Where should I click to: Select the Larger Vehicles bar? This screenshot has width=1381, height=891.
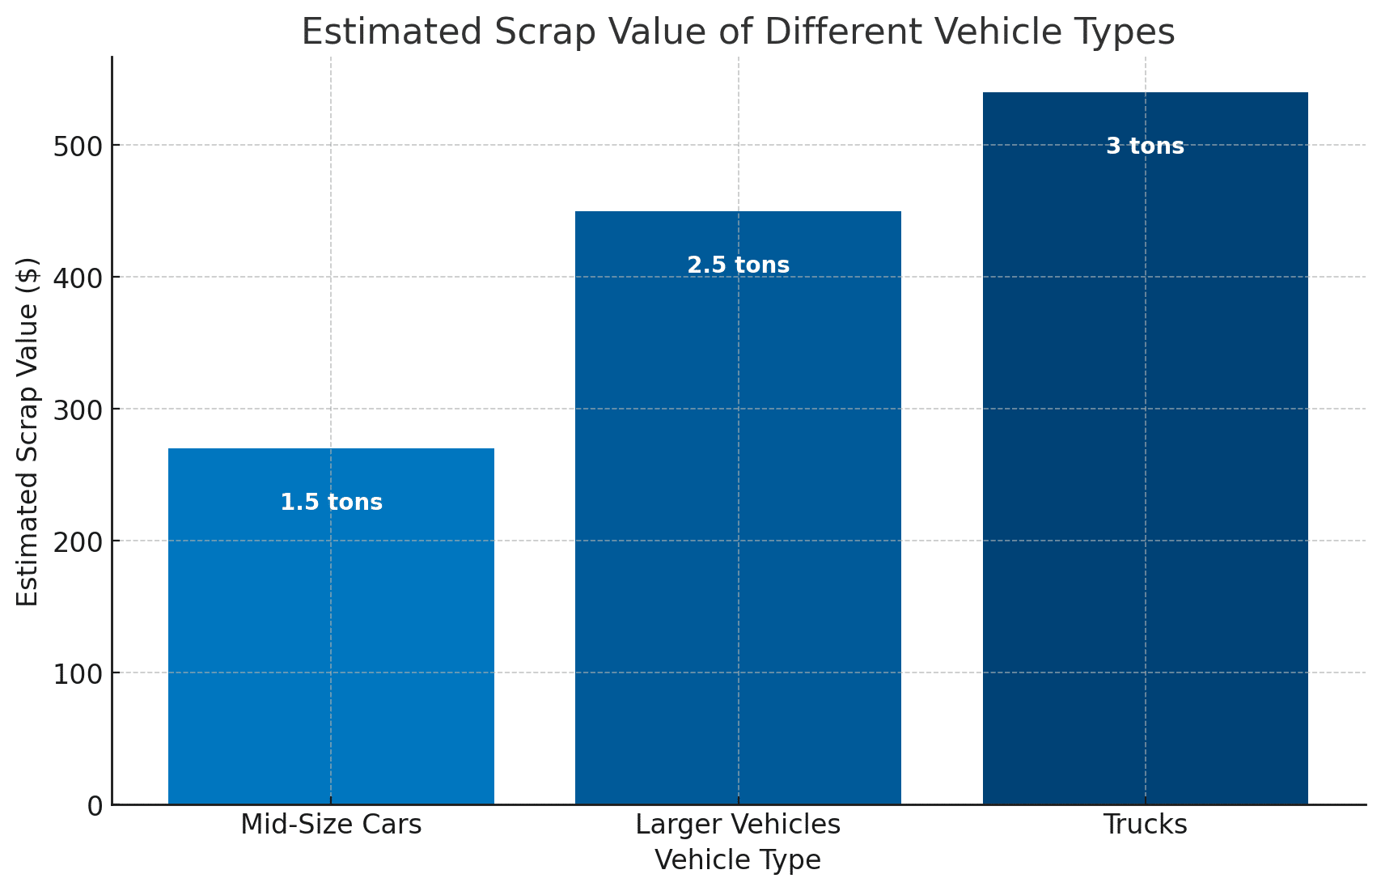(738, 526)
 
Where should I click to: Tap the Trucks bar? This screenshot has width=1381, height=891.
(1145, 486)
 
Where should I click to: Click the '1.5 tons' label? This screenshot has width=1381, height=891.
(332, 503)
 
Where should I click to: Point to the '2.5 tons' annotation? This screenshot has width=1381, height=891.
(738, 265)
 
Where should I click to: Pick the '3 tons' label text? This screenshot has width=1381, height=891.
(1145, 146)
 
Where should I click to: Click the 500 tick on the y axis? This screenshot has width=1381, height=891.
(78, 146)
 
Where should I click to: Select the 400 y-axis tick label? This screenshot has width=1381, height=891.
(78, 278)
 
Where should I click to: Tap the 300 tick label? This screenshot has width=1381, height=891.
(78, 410)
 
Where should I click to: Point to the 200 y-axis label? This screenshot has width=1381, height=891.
(78, 542)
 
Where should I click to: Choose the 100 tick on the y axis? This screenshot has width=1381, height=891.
(78, 674)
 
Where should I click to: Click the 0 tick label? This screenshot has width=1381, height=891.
(95, 806)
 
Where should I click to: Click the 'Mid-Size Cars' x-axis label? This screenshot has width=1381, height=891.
(331, 825)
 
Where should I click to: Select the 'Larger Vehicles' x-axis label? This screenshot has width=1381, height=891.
(738, 825)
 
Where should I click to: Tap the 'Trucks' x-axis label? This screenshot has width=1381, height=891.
(1145, 825)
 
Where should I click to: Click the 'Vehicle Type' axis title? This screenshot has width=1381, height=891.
(738, 859)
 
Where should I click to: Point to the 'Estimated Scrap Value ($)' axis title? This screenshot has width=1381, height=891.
(28, 431)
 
